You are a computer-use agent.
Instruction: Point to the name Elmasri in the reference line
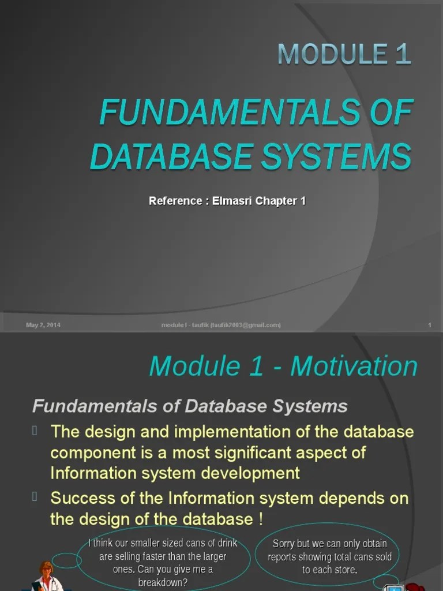(x=234, y=201)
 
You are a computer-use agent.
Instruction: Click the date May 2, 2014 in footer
(x=43, y=325)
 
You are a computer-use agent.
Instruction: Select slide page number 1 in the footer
(x=430, y=325)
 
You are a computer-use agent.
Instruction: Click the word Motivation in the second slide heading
(x=354, y=366)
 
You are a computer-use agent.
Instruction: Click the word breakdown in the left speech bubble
(x=163, y=582)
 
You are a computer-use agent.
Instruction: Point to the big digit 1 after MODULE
(x=403, y=54)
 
